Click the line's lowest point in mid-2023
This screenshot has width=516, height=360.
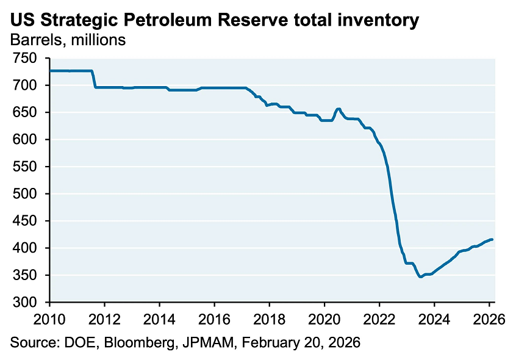420,277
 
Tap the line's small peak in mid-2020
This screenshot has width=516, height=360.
339,109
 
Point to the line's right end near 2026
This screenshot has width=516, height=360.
492,239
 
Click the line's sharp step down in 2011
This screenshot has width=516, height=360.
94,79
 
